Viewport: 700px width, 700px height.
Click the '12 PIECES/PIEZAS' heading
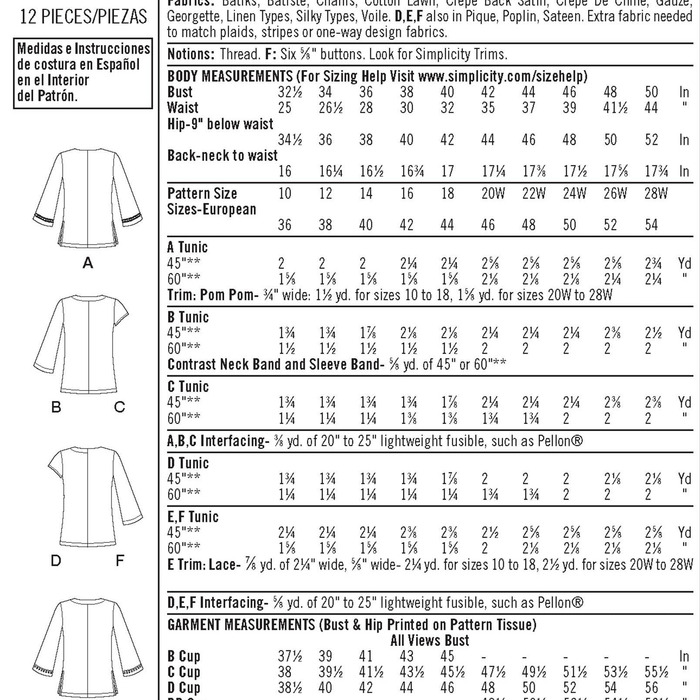84,17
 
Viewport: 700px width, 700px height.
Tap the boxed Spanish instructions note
83,73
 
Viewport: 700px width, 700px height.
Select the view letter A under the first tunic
88,263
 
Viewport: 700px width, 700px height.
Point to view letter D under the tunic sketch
56,561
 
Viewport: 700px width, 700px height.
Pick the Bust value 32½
289,92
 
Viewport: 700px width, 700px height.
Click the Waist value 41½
615,108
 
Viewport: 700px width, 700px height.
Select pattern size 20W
493,193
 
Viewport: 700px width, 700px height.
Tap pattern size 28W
656,193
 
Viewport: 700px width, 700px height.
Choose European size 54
651,225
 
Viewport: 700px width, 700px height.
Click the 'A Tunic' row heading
187,247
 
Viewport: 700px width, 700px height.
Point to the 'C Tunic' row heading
188,387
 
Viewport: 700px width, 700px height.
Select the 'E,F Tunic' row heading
193,517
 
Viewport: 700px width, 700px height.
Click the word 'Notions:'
191,54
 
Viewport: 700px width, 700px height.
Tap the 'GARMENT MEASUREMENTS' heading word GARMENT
195,625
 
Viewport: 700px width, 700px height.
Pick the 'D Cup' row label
184,688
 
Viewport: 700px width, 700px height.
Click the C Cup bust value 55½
656,672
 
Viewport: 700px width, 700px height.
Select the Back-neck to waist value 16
285,171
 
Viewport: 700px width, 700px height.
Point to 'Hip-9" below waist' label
220,124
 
